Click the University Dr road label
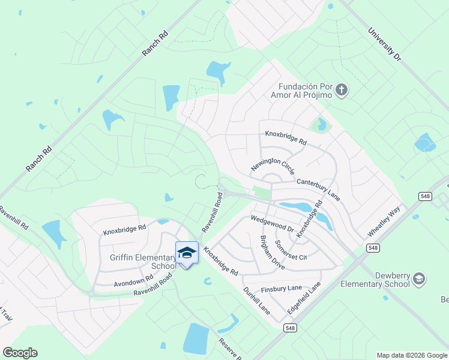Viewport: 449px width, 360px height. tap(385, 44)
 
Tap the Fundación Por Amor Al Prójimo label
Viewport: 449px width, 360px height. tap(305, 91)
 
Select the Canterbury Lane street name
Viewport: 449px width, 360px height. tap(318, 188)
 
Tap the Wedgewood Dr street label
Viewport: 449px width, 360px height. tap(272, 224)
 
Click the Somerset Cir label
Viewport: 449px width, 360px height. tap(291, 249)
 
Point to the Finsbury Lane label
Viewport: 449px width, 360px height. tap(281, 289)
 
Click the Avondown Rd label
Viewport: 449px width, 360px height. tap(133, 280)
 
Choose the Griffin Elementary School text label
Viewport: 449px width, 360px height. tap(143, 262)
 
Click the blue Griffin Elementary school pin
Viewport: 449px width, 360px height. tap(187, 253)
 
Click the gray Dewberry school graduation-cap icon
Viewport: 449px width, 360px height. tap(419, 279)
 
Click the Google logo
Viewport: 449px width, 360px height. tap(20, 353)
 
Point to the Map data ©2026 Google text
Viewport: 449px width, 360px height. tap(412, 355)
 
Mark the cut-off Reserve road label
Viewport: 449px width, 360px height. tap(229, 349)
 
